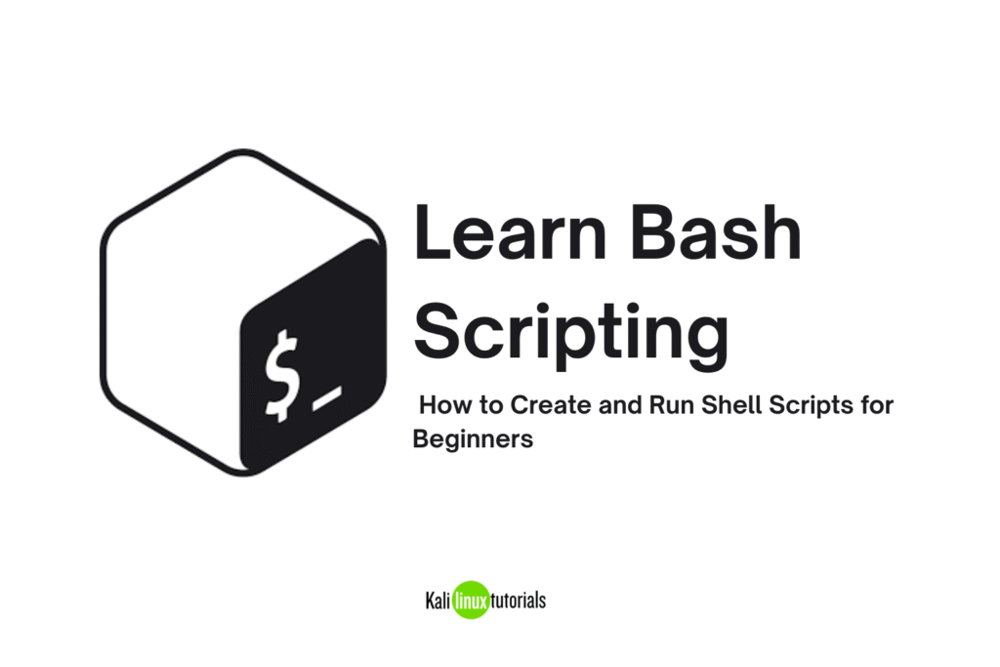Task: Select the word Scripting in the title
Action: [571, 332]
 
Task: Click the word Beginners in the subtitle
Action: [473, 438]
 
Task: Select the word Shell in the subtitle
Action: [720, 404]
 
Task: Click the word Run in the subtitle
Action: [669, 404]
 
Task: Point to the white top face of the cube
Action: [234, 225]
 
